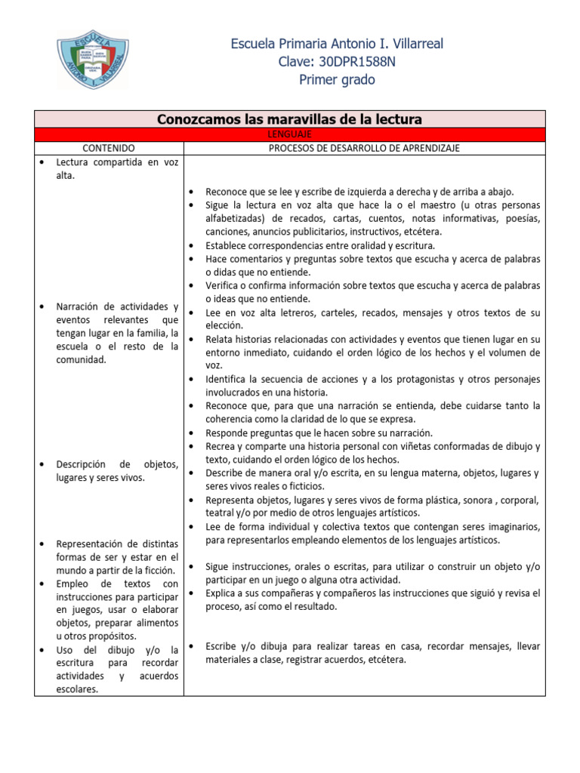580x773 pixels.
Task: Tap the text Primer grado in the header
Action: pyautogui.click(x=337, y=80)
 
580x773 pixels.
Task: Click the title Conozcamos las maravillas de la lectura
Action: pyautogui.click(x=289, y=119)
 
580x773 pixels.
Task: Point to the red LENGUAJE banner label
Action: pyautogui.click(x=289, y=134)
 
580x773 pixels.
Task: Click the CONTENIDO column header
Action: pyautogui.click(x=109, y=148)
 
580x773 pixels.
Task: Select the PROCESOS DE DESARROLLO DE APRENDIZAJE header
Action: pyautogui.click(x=364, y=148)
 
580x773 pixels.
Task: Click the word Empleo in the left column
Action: pyautogui.click(x=73, y=584)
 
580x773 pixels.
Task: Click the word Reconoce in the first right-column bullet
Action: pyautogui.click(x=228, y=192)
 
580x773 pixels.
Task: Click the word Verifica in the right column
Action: pyautogui.click(x=224, y=285)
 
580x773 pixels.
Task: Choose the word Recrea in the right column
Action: pyautogui.click(x=222, y=446)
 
